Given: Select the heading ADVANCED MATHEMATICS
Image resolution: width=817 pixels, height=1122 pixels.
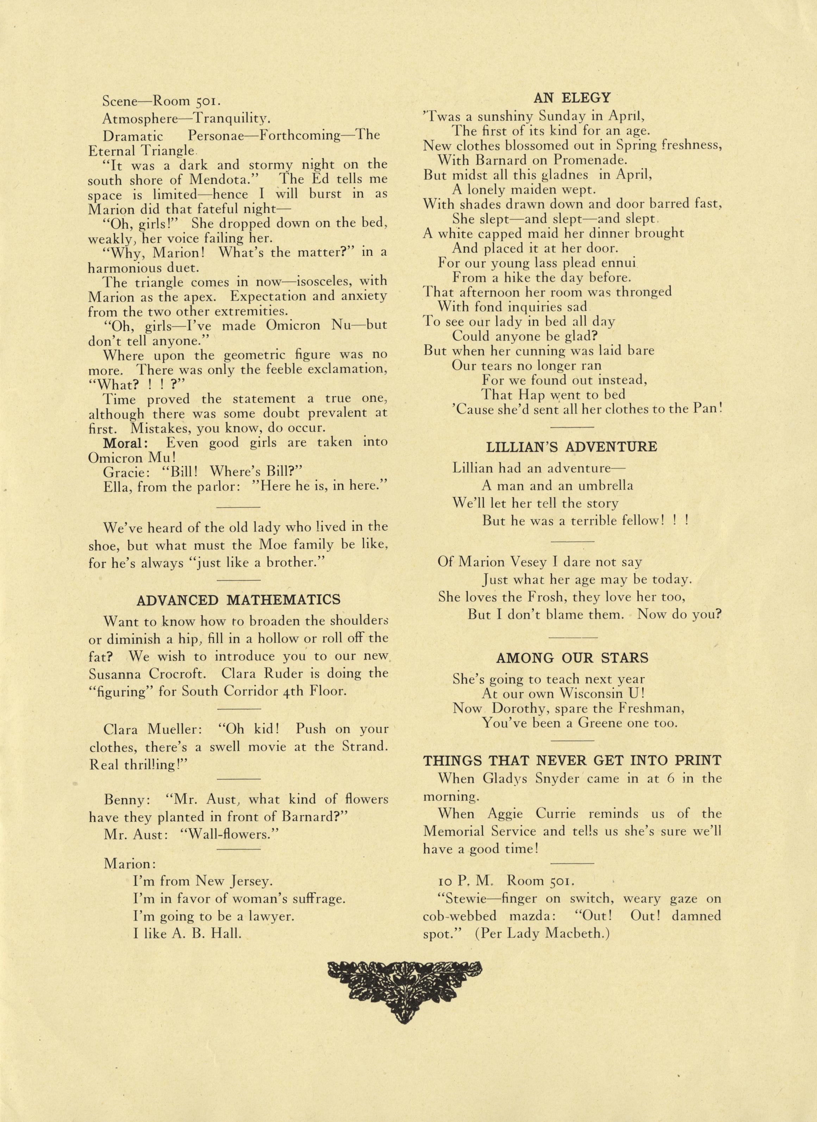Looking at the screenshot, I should tap(238, 600).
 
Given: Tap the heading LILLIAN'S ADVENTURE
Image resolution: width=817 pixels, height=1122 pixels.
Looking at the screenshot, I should tap(572, 447).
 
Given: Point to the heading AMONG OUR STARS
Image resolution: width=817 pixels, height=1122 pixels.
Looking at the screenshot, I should tap(572, 658).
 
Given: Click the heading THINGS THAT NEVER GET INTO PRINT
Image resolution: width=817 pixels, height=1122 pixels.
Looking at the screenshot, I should tap(572, 760).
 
